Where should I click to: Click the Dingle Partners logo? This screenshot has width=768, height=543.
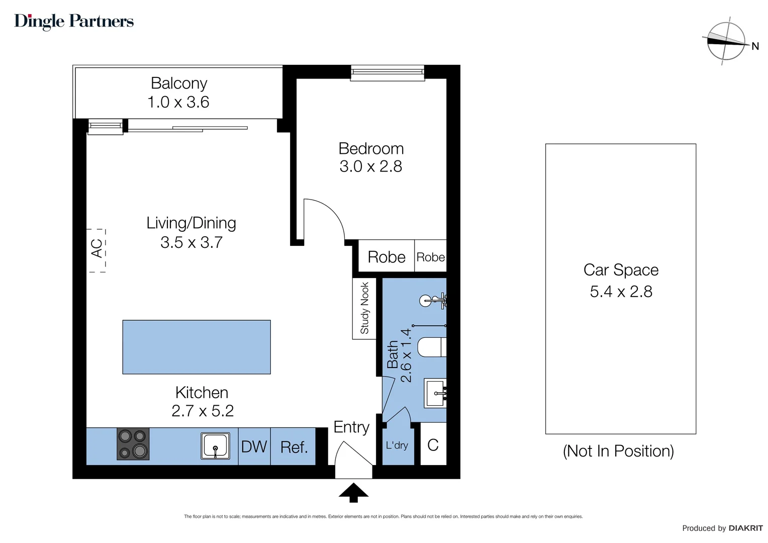point(74,21)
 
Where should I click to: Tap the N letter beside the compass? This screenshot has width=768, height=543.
point(755,46)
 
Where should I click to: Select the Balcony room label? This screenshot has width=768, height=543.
point(179,83)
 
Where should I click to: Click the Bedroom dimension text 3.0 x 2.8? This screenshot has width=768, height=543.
point(370,166)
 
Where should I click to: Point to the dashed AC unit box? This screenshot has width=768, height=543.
point(98,250)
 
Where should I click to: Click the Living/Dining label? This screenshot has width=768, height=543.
point(191,223)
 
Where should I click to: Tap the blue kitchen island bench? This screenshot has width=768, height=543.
point(197,347)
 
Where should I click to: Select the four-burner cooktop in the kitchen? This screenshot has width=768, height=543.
point(133,444)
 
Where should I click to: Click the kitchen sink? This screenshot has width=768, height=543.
point(216,445)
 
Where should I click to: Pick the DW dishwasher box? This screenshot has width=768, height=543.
point(254,446)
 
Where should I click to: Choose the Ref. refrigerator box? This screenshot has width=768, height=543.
point(294,446)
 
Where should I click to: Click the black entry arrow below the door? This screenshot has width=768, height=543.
point(353,492)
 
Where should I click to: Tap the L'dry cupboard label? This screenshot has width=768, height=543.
point(397,445)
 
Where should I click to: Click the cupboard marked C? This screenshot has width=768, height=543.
point(433,445)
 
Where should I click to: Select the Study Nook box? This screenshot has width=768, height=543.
point(364,308)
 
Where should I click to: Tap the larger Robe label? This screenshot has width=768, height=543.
point(386,257)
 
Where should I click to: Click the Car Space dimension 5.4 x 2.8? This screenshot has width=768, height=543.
point(621,292)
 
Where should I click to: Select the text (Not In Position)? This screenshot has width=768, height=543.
point(618,451)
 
